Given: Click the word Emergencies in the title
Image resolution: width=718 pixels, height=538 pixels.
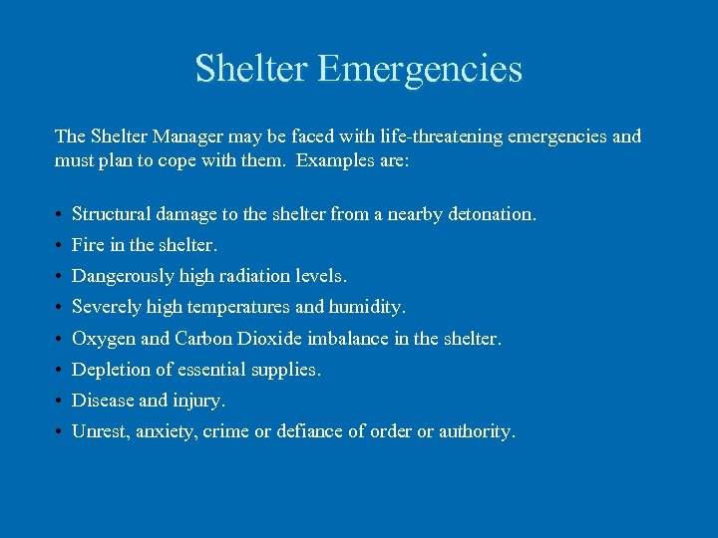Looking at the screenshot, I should [x=420, y=70].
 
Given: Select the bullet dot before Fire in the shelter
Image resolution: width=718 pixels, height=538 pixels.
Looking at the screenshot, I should [x=60, y=245].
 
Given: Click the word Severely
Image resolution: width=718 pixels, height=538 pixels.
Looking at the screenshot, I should [x=105, y=307].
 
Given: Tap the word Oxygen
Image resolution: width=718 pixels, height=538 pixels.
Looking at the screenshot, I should [x=104, y=339].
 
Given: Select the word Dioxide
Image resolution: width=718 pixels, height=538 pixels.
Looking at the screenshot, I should [x=268, y=339].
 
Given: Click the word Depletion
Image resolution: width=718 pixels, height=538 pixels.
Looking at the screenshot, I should [x=112, y=370].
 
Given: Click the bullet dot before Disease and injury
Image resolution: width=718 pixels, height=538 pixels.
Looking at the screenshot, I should [x=60, y=402].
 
